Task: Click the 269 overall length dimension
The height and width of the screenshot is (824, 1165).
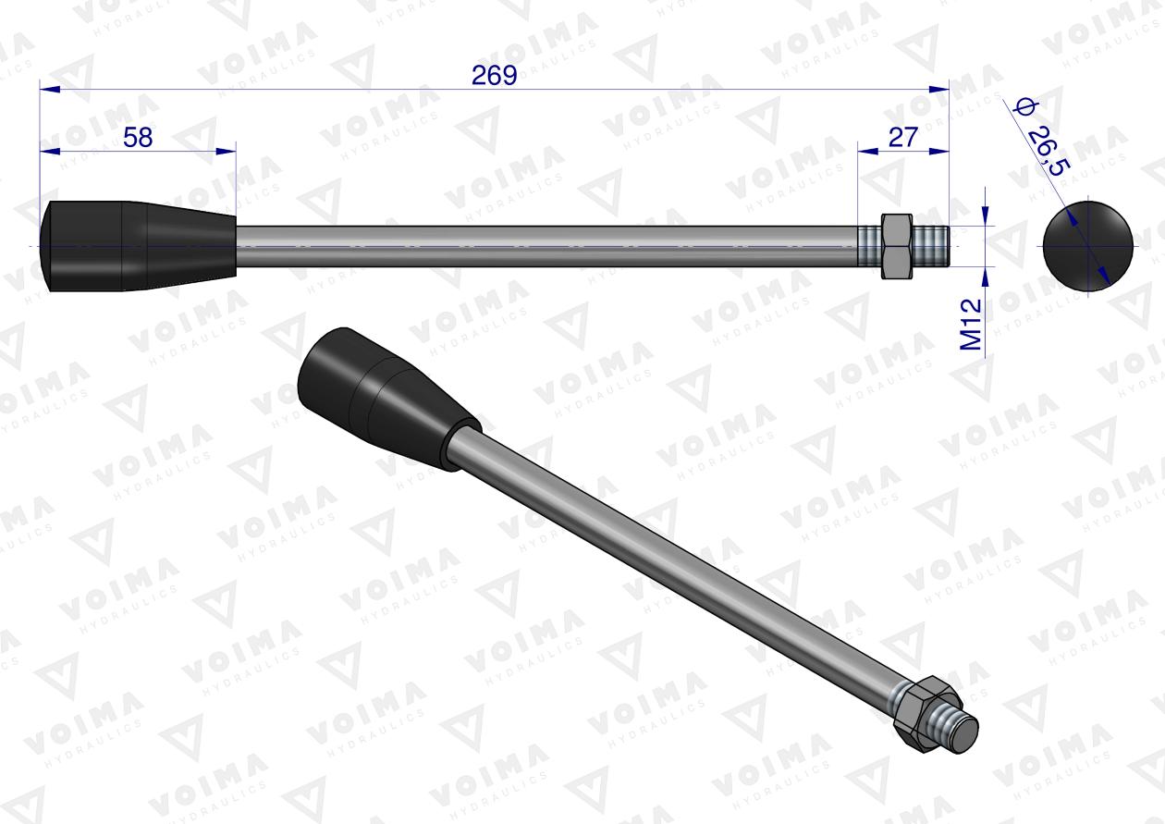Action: [x=494, y=76]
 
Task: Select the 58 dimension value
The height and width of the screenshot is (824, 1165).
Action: [x=138, y=137]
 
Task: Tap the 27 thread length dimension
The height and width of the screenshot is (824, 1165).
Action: [x=902, y=137]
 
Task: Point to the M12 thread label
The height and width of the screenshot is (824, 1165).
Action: [x=971, y=324]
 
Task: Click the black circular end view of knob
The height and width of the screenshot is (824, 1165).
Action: [x=1087, y=245]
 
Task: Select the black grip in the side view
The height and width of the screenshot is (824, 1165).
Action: [x=139, y=246]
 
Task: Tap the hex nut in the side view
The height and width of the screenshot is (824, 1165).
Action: [x=894, y=246]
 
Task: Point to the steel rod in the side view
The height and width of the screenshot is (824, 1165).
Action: [x=546, y=246]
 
